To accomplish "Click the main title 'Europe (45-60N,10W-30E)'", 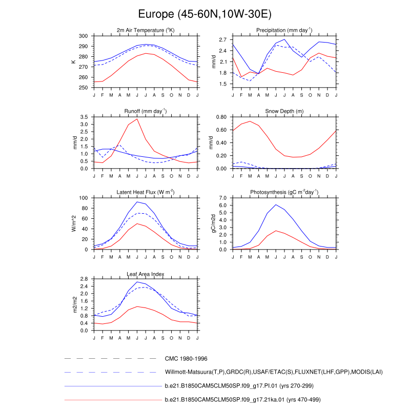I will point(205,14).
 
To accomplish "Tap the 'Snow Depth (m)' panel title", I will point(284,111).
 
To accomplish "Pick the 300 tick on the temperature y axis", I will point(84,36).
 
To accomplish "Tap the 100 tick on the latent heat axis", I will point(84,198).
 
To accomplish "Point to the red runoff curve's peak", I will point(137,119).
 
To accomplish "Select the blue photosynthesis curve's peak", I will point(276,204).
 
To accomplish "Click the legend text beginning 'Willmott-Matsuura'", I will point(274,372).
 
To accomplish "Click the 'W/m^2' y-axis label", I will point(74,223).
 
